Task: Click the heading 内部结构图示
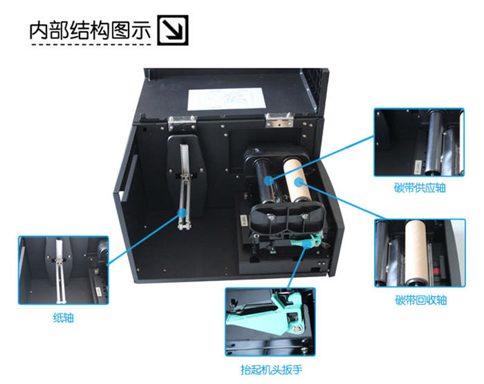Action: (x=90, y=30)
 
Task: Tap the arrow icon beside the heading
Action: (x=173, y=30)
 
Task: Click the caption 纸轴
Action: (x=64, y=318)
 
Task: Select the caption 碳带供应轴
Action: (x=420, y=188)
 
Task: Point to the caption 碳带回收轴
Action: (x=420, y=300)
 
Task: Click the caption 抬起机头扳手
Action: (x=271, y=369)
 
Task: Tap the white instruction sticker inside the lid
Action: (x=227, y=99)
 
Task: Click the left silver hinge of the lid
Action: (x=182, y=123)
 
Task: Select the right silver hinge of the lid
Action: (x=279, y=119)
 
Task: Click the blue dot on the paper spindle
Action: (x=183, y=212)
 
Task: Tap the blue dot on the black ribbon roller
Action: (x=269, y=180)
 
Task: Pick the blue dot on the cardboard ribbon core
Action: (x=298, y=182)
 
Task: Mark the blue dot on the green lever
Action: (x=306, y=244)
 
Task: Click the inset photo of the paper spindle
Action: (x=64, y=270)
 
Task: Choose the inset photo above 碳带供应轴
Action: (x=419, y=142)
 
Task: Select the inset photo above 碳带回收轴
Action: (x=420, y=253)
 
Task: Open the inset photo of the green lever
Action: (x=270, y=322)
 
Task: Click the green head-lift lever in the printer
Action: (x=308, y=241)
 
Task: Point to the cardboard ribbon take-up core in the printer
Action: (x=297, y=180)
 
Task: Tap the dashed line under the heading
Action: (x=92, y=45)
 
